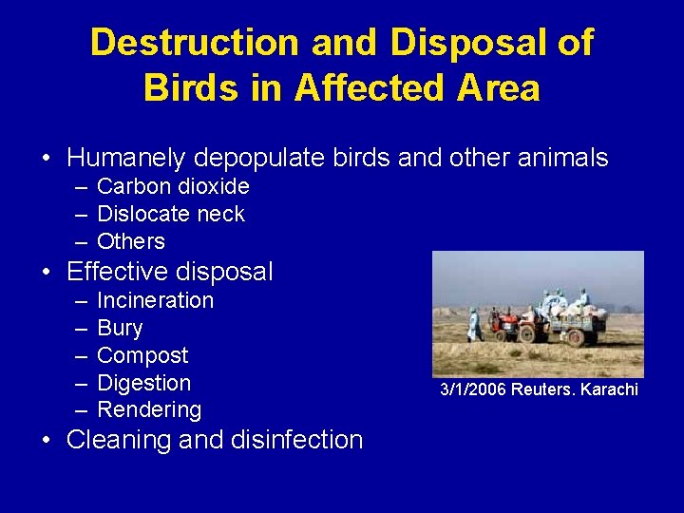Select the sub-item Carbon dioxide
[173, 186]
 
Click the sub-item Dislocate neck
[171, 214]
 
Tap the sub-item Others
[131, 241]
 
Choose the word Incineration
[156, 300]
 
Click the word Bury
[120, 328]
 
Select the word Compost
[142, 355]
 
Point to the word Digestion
[144, 383]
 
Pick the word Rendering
[149, 410]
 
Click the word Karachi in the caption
[610, 390]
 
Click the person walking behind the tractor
[474, 325]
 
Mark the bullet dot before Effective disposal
[46, 273]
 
